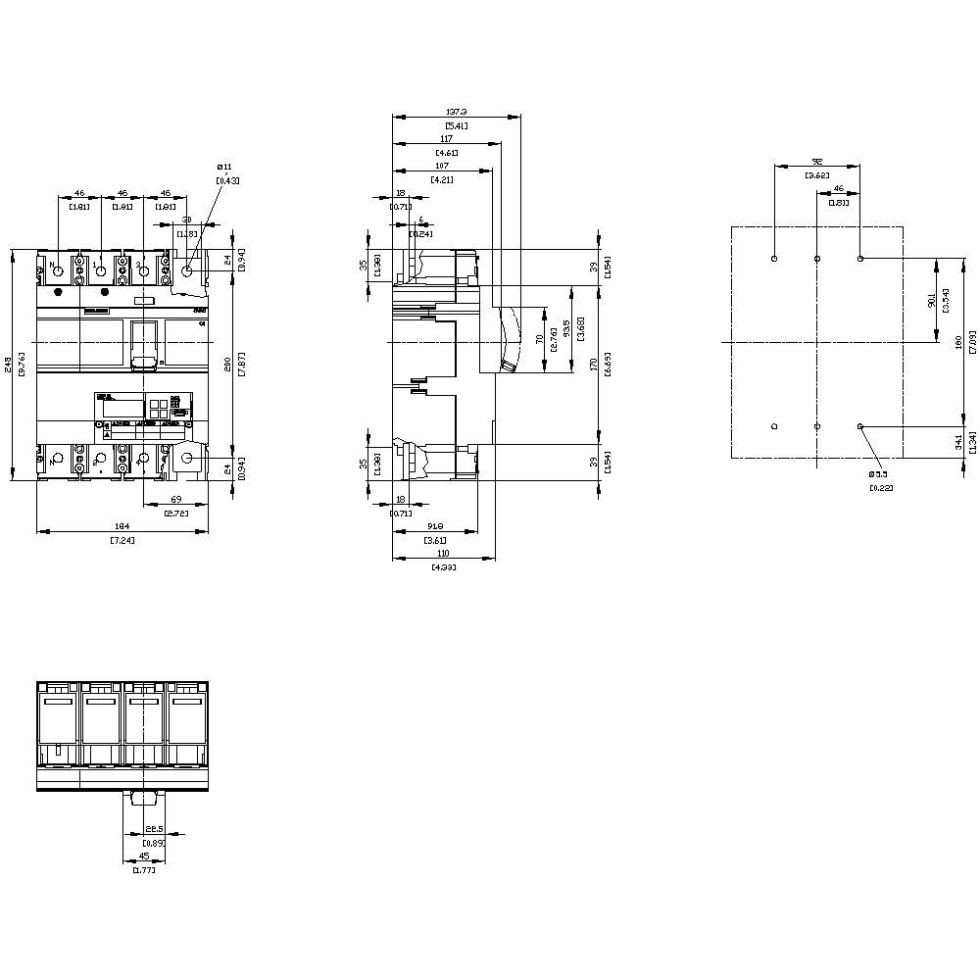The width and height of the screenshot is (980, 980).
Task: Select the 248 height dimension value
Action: (x=9, y=365)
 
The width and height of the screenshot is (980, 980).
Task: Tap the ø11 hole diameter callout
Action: (x=224, y=169)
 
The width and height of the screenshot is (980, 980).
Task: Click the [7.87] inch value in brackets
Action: (x=241, y=365)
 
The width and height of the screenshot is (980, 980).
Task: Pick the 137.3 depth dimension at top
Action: (x=456, y=112)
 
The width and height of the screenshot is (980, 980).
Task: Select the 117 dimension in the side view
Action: (x=446, y=139)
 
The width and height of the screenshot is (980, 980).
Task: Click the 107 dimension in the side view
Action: (x=441, y=167)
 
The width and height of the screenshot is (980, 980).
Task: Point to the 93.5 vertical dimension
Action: (x=565, y=329)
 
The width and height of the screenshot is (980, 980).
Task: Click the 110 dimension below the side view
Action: (x=443, y=554)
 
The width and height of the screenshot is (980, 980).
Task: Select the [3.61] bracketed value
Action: (x=435, y=541)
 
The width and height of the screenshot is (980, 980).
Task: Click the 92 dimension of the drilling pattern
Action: (x=816, y=162)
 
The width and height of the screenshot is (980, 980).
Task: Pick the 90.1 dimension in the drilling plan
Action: (x=931, y=302)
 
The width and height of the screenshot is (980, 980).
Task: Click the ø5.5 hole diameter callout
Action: (x=879, y=474)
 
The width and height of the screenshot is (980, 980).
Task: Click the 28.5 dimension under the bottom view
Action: (x=154, y=830)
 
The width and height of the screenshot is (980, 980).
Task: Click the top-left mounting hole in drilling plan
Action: (x=774, y=259)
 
